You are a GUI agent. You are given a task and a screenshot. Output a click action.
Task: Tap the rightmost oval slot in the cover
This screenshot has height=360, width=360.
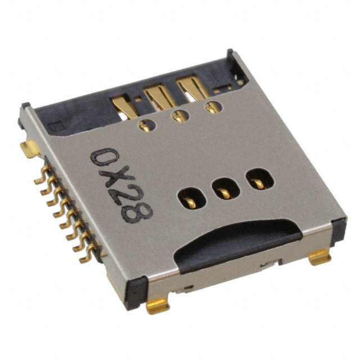click(x=256, y=181)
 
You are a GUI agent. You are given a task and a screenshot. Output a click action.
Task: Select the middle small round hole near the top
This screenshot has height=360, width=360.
click(x=180, y=117)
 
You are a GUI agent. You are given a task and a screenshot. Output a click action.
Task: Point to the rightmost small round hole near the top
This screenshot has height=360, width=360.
click(x=212, y=108)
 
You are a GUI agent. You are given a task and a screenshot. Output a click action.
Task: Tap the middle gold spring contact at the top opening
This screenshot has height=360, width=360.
click(x=159, y=96)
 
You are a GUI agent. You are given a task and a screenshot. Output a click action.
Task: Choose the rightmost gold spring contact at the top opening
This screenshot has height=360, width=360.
click(x=190, y=88)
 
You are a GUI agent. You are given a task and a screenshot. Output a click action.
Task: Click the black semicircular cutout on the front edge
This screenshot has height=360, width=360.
click(x=236, y=241)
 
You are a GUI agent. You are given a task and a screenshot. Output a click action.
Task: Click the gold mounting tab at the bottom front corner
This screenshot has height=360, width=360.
click(x=157, y=305)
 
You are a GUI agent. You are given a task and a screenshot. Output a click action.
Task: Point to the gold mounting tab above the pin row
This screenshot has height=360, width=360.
click(x=29, y=149)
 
